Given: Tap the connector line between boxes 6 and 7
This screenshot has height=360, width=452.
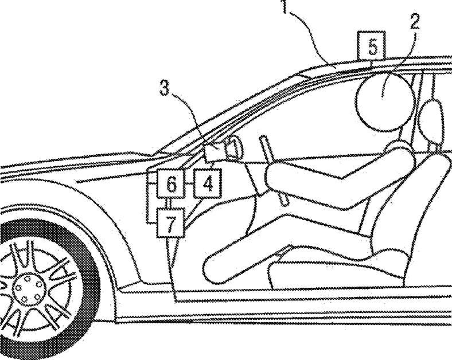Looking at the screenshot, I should pos(168,204).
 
